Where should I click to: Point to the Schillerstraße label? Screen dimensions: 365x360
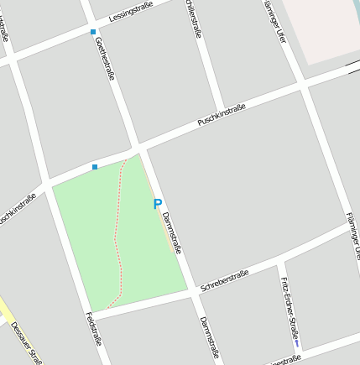[195, 18]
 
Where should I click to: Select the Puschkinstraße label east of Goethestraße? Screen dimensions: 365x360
[222, 115]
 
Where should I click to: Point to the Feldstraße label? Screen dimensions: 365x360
[93, 329]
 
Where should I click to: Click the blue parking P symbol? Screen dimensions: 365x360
[157, 204]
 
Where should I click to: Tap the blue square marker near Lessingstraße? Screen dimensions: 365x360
[92, 32]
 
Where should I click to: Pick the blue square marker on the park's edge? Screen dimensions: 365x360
[94, 167]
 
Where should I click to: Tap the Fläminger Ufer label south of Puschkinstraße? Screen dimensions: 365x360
[353, 235]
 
